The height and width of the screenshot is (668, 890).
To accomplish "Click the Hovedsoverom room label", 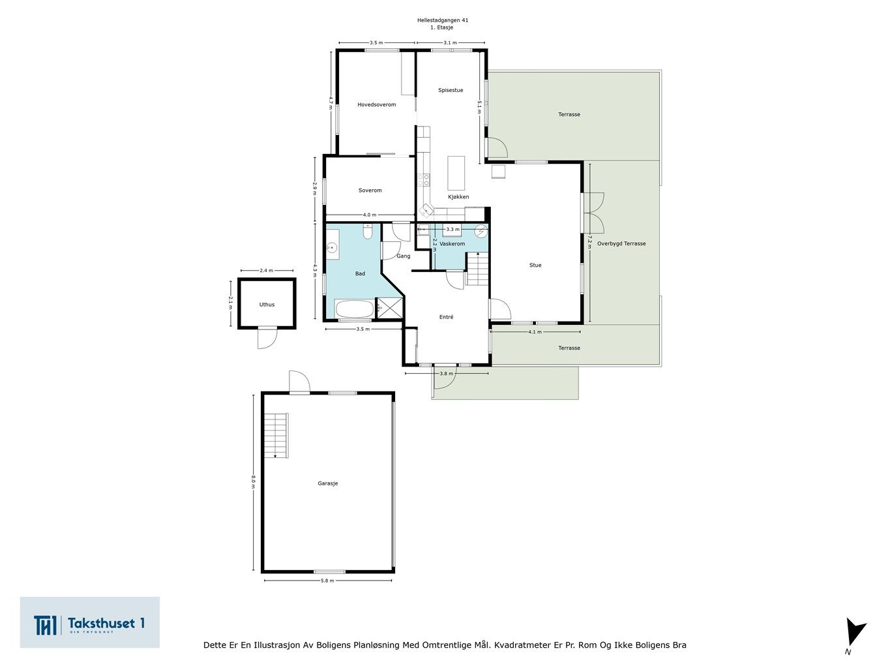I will (x=376, y=104).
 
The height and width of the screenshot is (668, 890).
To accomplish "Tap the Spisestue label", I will (x=451, y=90).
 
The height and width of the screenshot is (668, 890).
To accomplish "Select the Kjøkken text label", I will (x=458, y=196).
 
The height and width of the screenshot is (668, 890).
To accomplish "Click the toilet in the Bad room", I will (x=367, y=232).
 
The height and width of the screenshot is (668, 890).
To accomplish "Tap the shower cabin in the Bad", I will (x=389, y=307).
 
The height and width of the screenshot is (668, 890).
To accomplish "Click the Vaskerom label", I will (x=452, y=243).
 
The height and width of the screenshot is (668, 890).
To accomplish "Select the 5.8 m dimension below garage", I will (x=327, y=580).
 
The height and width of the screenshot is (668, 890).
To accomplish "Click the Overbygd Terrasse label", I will (x=621, y=243).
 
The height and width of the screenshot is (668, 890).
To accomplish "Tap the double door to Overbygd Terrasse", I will (x=594, y=212).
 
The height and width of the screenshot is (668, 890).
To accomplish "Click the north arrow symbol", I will (x=853, y=633).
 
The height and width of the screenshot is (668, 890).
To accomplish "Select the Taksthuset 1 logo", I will (x=90, y=623).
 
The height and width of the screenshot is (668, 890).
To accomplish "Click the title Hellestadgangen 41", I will (x=443, y=20).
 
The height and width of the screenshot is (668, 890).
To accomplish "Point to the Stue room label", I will (x=535, y=265).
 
